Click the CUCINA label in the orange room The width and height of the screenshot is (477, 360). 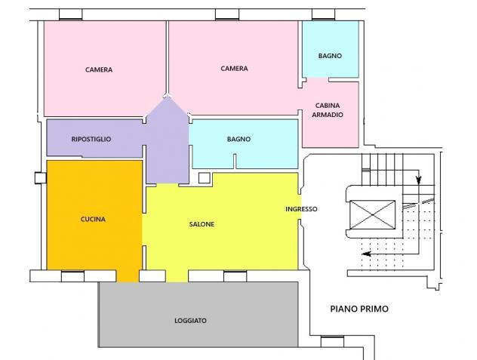click(93, 219)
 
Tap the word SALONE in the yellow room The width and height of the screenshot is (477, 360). click(202, 224)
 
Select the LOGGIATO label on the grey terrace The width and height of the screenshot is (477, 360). click(190, 321)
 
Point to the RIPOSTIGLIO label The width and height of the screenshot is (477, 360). click(91, 139)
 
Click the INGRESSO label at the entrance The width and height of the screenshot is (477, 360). click(301, 209)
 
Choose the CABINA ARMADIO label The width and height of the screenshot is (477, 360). click(328, 110)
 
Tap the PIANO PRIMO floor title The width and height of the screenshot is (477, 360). click(359, 309)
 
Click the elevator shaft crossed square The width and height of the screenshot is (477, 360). click(372, 215)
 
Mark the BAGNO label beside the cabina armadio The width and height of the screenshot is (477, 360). click(330, 56)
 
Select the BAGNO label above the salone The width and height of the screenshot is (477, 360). click(238, 139)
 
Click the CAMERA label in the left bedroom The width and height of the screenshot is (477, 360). click(99, 69)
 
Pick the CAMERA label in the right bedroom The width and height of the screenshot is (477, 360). click(234, 69)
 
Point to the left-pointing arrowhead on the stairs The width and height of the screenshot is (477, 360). click(366, 254)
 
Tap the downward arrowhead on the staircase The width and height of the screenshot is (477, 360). click(419, 180)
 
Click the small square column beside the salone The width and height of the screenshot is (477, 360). click(205, 178)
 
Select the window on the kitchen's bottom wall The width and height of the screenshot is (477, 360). click(72, 276)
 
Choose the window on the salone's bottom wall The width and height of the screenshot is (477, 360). click(235, 276)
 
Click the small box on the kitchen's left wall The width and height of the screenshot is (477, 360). click(41, 178)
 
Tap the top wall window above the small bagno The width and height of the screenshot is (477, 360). click(323, 14)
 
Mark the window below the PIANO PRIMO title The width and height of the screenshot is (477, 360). click(332, 342)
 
